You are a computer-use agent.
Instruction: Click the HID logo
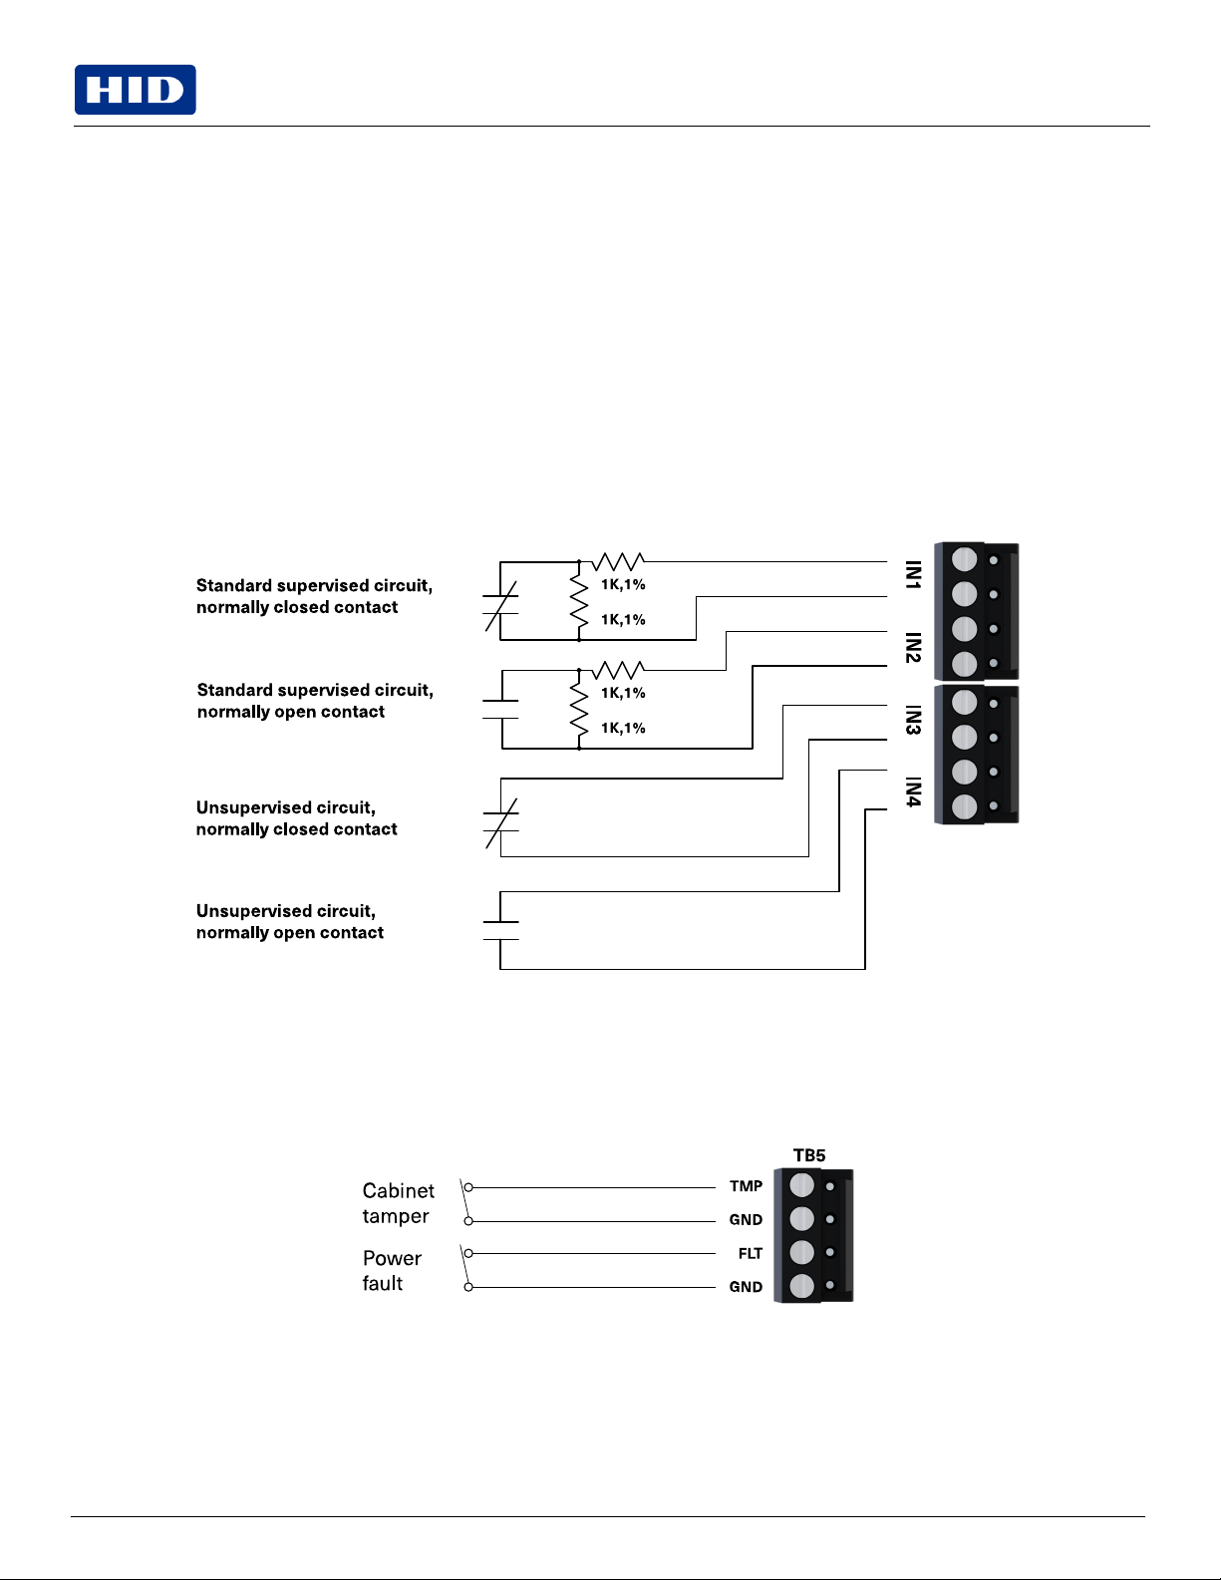pos(136,90)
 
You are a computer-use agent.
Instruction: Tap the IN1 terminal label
pos(914,575)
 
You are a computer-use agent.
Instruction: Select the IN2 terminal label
pos(914,647)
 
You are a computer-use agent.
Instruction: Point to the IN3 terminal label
pos(914,720)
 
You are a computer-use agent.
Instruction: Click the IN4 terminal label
pos(914,791)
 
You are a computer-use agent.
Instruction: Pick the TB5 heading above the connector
pos(809,1155)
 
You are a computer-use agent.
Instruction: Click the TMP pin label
pos(747,1186)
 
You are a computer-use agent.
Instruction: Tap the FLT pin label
pos(750,1253)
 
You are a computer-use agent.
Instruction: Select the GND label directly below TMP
pos(746,1219)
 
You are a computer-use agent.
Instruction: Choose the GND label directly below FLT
pos(746,1287)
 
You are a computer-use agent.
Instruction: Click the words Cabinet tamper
pos(399,1203)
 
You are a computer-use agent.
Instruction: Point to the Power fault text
pos(392,1271)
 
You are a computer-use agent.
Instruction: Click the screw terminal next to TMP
pos(801,1185)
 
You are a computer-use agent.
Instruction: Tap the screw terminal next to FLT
pos(801,1252)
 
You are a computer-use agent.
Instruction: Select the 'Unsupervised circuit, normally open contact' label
pos(289,922)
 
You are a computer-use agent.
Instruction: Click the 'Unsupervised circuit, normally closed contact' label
pos(297,818)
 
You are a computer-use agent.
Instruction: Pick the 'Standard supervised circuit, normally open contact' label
pos(315,701)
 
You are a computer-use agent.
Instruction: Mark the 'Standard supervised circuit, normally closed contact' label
pos(314,596)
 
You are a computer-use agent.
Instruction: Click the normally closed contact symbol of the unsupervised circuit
pos(500,822)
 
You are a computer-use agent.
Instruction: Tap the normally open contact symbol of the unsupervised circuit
pos(500,931)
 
